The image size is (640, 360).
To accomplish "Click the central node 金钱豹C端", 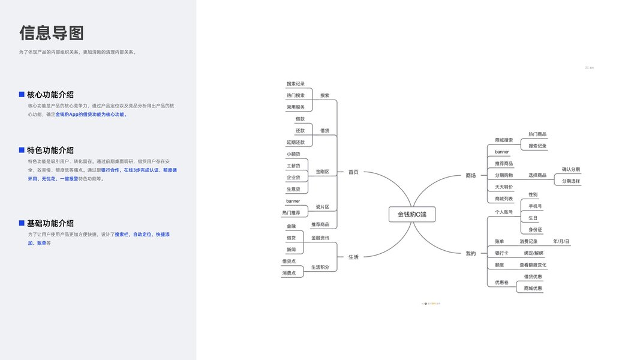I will click(412, 214).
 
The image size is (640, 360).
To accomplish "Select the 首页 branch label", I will click(353, 172).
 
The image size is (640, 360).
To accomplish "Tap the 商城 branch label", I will click(470, 175).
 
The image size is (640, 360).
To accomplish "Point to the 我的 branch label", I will click(470, 253).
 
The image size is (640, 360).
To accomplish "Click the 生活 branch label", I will click(353, 257).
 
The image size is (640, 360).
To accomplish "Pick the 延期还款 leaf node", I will click(296, 142).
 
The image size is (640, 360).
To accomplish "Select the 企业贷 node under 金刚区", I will click(293, 178).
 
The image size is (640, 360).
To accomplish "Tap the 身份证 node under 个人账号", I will click(535, 229).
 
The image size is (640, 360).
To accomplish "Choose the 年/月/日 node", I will click(561, 241).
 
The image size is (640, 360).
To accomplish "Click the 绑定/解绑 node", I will click(533, 253).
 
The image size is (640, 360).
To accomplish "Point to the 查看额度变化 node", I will click(533, 265).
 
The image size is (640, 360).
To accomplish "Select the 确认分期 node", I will click(570, 169).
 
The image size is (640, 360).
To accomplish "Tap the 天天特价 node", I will click(504, 187).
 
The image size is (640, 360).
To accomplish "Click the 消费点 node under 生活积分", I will click(289, 273).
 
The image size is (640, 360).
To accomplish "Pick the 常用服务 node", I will click(296, 107).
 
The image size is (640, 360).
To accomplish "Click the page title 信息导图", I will click(52, 32).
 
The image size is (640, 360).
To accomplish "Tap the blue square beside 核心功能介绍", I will click(22, 94).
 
